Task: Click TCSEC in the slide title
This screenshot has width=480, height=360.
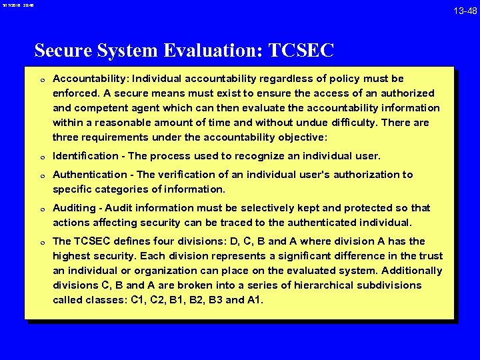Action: pyautogui.click(x=301, y=51)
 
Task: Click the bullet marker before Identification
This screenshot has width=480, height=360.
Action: pyautogui.click(x=41, y=157)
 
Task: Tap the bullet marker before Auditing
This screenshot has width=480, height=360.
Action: pyautogui.click(x=41, y=209)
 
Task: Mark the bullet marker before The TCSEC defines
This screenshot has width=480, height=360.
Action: pyautogui.click(x=41, y=242)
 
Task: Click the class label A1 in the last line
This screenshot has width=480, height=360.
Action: pyautogui.click(x=255, y=300)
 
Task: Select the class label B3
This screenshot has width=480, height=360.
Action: pyautogui.click(x=215, y=300)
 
